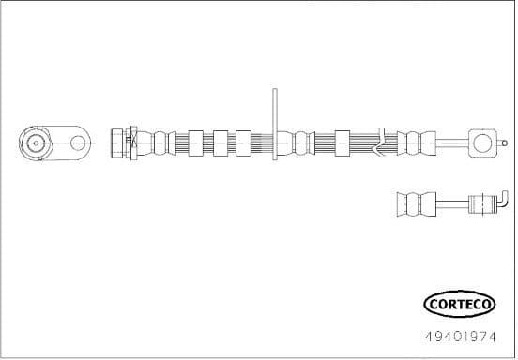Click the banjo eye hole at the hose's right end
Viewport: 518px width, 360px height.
click(x=482, y=143)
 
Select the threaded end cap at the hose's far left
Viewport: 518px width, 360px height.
click(x=119, y=143)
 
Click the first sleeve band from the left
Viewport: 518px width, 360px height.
click(x=195, y=143)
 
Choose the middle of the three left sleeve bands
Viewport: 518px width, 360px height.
click(x=221, y=143)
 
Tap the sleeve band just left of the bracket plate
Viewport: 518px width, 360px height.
click(x=245, y=143)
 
